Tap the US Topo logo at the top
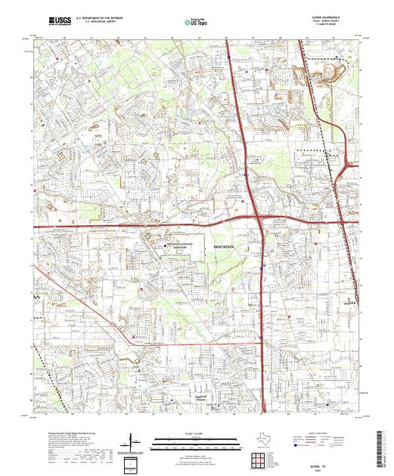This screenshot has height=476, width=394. point(195,23)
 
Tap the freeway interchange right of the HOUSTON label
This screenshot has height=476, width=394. point(259,219)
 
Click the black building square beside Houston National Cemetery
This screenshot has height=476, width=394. point(166,245)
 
